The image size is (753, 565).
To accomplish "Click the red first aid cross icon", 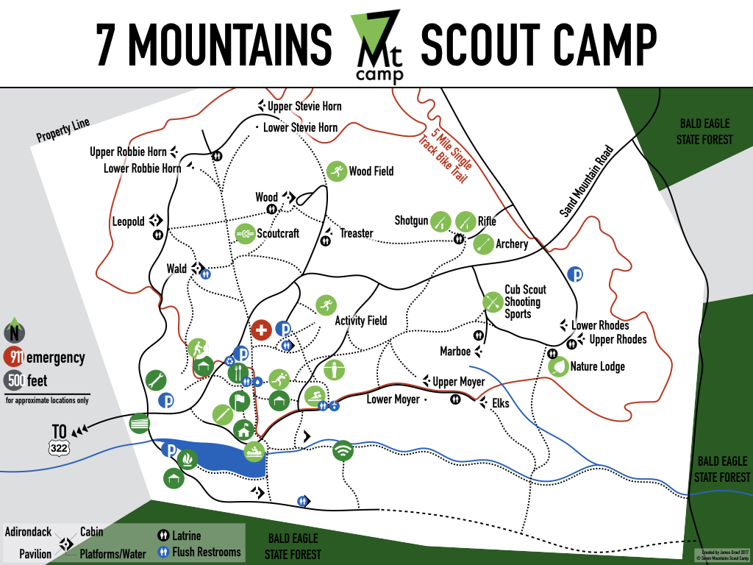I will tap(261, 330).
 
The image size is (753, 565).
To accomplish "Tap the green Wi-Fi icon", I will tap(343, 450).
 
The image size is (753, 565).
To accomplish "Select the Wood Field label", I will tap(371, 171).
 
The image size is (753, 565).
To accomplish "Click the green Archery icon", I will tap(483, 244).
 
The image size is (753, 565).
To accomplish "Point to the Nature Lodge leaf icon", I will tap(559, 366).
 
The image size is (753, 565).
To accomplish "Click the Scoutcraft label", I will tap(278, 234).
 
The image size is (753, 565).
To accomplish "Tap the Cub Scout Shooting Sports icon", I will tap(492, 302).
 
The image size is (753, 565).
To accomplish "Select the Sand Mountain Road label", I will tap(586, 180).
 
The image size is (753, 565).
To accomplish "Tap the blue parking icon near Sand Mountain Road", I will tap(577, 274).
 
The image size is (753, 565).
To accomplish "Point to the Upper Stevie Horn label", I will tap(304, 107).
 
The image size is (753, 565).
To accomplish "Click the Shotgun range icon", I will tap(440, 221).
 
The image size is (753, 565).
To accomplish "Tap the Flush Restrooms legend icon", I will tap(164, 552).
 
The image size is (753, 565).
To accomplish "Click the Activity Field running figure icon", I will tap(325, 305).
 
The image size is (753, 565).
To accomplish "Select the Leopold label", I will tap(129, 221).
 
